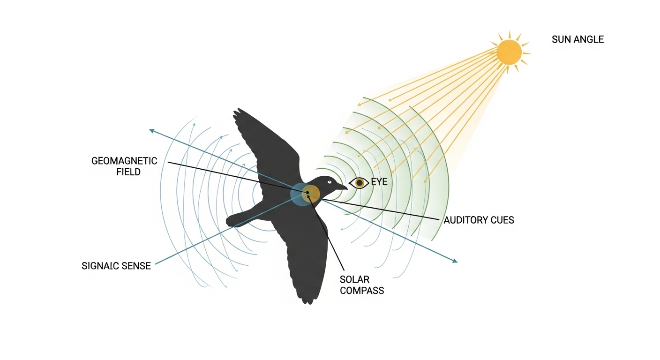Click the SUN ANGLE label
[x=577, y=39]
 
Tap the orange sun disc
[x=509, y=52]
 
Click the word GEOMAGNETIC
[x=124, y=161]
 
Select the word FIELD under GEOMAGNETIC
[x=128, y=172]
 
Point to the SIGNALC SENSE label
[x=116, y=266]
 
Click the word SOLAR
[x=354, y=279]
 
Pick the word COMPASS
[x=362, y=291]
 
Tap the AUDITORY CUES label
[x=479, y=220]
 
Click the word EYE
[x=379, y=182]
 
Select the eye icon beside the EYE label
[x=359, y=183]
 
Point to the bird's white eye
[x=329, y=182]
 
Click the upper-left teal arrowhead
[x=151, y=130]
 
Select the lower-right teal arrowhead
[x=455, y=261]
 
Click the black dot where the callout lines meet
[x=307, y=192]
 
